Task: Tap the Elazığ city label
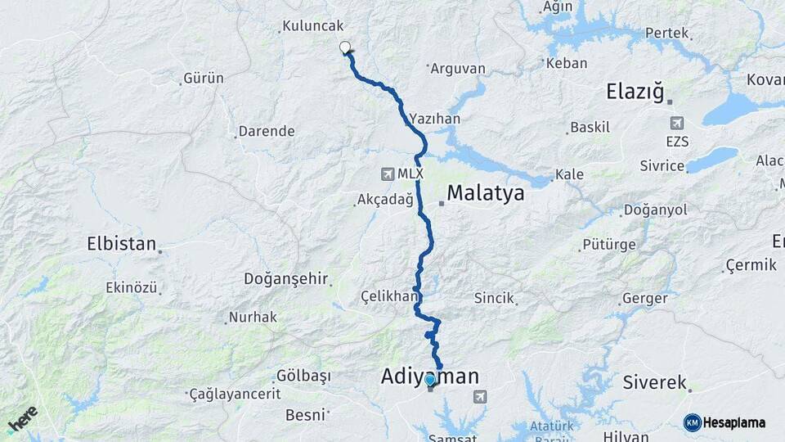(x=635, y=91)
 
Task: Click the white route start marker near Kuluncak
(x=345, y=48)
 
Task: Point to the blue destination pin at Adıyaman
(x=431, y=381)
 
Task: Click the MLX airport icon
(x=388, y=174)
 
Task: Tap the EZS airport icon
(x=676, y=124)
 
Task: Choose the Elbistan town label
(x=121, y=243)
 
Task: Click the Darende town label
(x=266, y=131)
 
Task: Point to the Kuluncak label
(x=313, y=26)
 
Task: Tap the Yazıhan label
(x=436, y=119)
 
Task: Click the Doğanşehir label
(x=285, y=278)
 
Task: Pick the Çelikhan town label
(x=389, y=295)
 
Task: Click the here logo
(x=23, y=419)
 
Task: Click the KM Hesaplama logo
(x=724, y=422)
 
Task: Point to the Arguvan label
(x=458, y=69)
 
